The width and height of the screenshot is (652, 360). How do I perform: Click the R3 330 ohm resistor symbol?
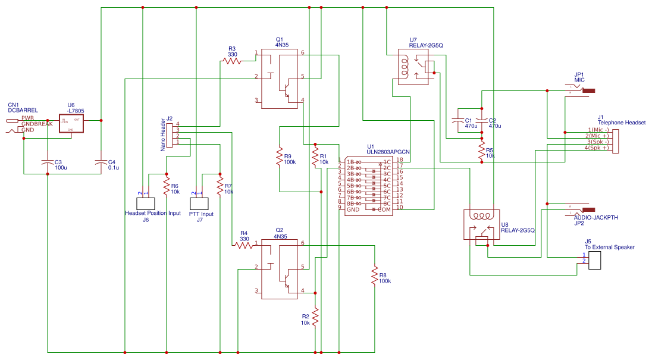[231, 61]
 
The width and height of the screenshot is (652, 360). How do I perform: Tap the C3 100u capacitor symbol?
[48, 162]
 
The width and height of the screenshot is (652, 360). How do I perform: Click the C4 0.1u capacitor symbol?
[101, 162]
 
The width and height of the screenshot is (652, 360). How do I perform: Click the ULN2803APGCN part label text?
[388, 152]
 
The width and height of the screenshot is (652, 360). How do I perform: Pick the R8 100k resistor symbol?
[375, 276]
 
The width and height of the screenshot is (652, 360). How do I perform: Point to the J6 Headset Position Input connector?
[146, 203]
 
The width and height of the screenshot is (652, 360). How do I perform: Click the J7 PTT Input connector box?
[198, 203]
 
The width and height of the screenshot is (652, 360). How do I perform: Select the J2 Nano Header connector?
[168, 135]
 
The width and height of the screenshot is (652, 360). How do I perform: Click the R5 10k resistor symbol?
[481, 151]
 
